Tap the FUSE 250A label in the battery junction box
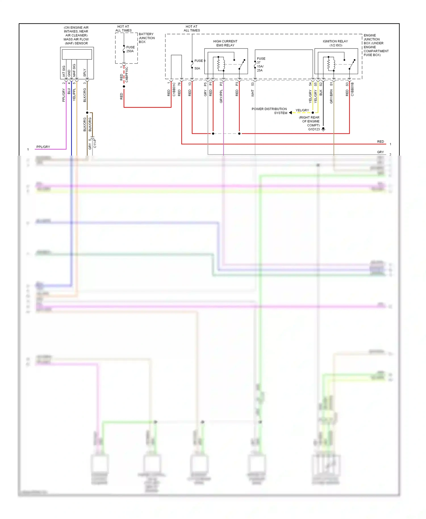pyautogui.click(x=130, y=49)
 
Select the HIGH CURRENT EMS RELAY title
pyautogui.click(x=225, y=43)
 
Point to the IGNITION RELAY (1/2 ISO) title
pyautogui.click(x=335, y=43)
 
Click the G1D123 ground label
pyautogui.click(x=314, y=129)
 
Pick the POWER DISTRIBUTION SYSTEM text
pyautogui.click(x=269, y=111)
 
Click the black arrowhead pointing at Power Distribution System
pyautogui.click(x=290, y=113)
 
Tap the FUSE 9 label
pyautogui.click(x=200, y=61)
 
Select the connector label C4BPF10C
pyautogui.click(x=127, y=75)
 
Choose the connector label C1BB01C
pyautogui.click(x=174, y=89)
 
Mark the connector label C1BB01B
pyautogui.click(x=352, y=89)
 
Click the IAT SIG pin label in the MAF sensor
pyautogui.click(x=64, y=71)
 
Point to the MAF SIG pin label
pyautogui.click(x=74, y=70)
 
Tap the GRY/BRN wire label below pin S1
pyautogui.click(x=331, y=96)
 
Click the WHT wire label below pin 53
pyautogui.click(x=252, y=93)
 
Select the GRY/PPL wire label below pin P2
pyautogui.click(x=221, y=96)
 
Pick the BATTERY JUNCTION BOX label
pyautogui.click(x=147, y=38)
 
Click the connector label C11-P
pyautogui.click(x=95, y=143)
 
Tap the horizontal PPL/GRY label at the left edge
pyautogui.click(x=43, y=147)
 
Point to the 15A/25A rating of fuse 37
pyautogui.click(x=260, y=68)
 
